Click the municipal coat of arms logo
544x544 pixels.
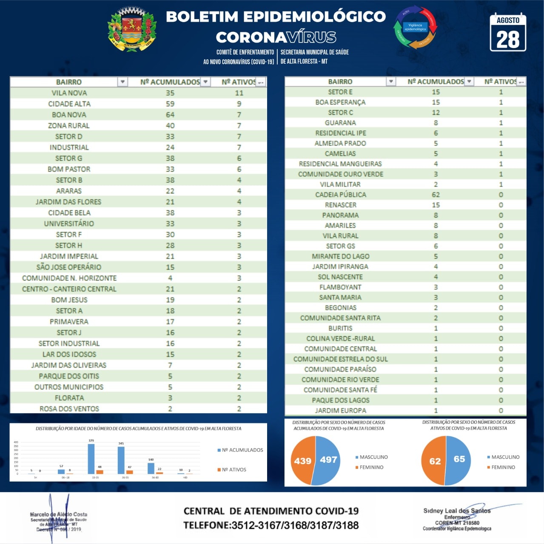click(x=132, y=29)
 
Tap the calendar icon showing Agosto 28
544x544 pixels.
click(x=508, y=33)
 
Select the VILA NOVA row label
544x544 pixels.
click(x=69, y=93)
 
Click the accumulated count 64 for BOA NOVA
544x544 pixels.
click(x=170, y=115)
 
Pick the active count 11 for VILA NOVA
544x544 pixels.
click(x=239, y=93)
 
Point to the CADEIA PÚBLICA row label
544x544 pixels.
click(x=340, y=195)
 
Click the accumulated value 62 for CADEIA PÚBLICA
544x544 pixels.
click(x=436, y=195)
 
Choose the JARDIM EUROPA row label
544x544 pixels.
click(x=340, y=411)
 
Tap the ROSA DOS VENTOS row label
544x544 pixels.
click(x=69, y=409)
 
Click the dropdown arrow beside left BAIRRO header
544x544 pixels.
click(x=122, y=82)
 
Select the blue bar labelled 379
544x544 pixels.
click(x=91, y=459)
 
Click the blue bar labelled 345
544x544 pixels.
click(x=121, y=460)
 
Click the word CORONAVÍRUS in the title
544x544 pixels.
click(x=276, y=37)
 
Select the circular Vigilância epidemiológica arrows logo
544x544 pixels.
click(x=415, y=27)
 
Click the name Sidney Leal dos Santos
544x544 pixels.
click(x=457, y=511)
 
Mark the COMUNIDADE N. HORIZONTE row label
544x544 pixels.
click(x=69, y=278)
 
